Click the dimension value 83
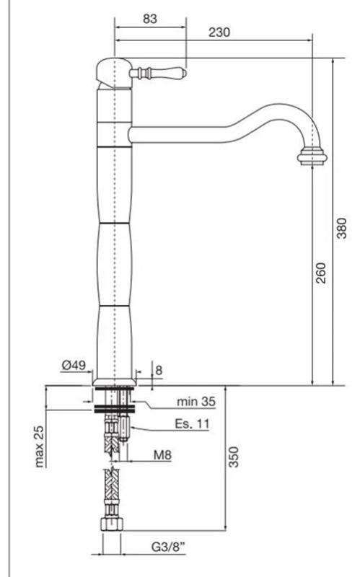click(149, 19)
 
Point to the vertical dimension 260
click(321, 272)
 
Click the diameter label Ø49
click(74, 366)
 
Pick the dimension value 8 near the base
click(159, 370)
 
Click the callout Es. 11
click(192, 424)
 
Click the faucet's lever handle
click(159, 73)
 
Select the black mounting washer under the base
click(114, 409)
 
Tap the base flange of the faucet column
click(114, 380)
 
